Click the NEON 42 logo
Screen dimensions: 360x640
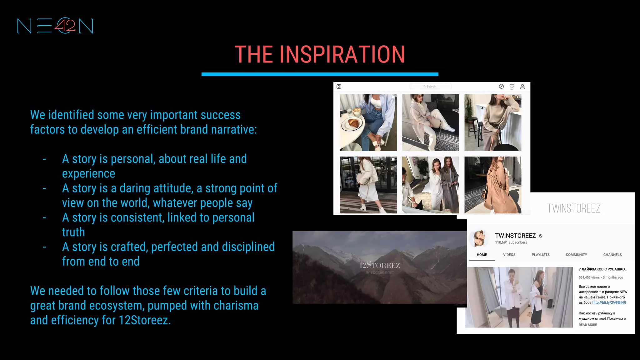click(x=55, y=26)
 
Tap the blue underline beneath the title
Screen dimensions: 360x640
click(x=320, y=74)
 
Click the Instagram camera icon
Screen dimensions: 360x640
click(x=339, y=87)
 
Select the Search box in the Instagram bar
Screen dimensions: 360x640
click(x=430, y=87)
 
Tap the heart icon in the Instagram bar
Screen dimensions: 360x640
click(x=512, y=87)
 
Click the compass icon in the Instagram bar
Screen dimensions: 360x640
click(x=501, y=87)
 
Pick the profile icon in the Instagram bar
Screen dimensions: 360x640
click(x=522, y=87)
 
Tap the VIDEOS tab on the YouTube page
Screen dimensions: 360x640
click(x=509, y=255)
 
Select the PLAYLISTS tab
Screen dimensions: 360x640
click(x=540, y=255)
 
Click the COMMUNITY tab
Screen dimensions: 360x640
click(x=576, y=255)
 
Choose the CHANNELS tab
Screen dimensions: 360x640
click(x=612, y=255)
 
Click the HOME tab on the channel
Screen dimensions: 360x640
click(x=482, y=255)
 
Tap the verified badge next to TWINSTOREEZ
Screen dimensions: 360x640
click(x=541, y=236)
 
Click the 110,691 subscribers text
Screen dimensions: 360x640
click(x=511, y=242)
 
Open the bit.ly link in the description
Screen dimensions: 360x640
click(x=609, y=302)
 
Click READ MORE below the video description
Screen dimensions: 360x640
click(x=587, y=325)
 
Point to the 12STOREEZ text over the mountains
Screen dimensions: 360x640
click(x=380, y=266)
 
